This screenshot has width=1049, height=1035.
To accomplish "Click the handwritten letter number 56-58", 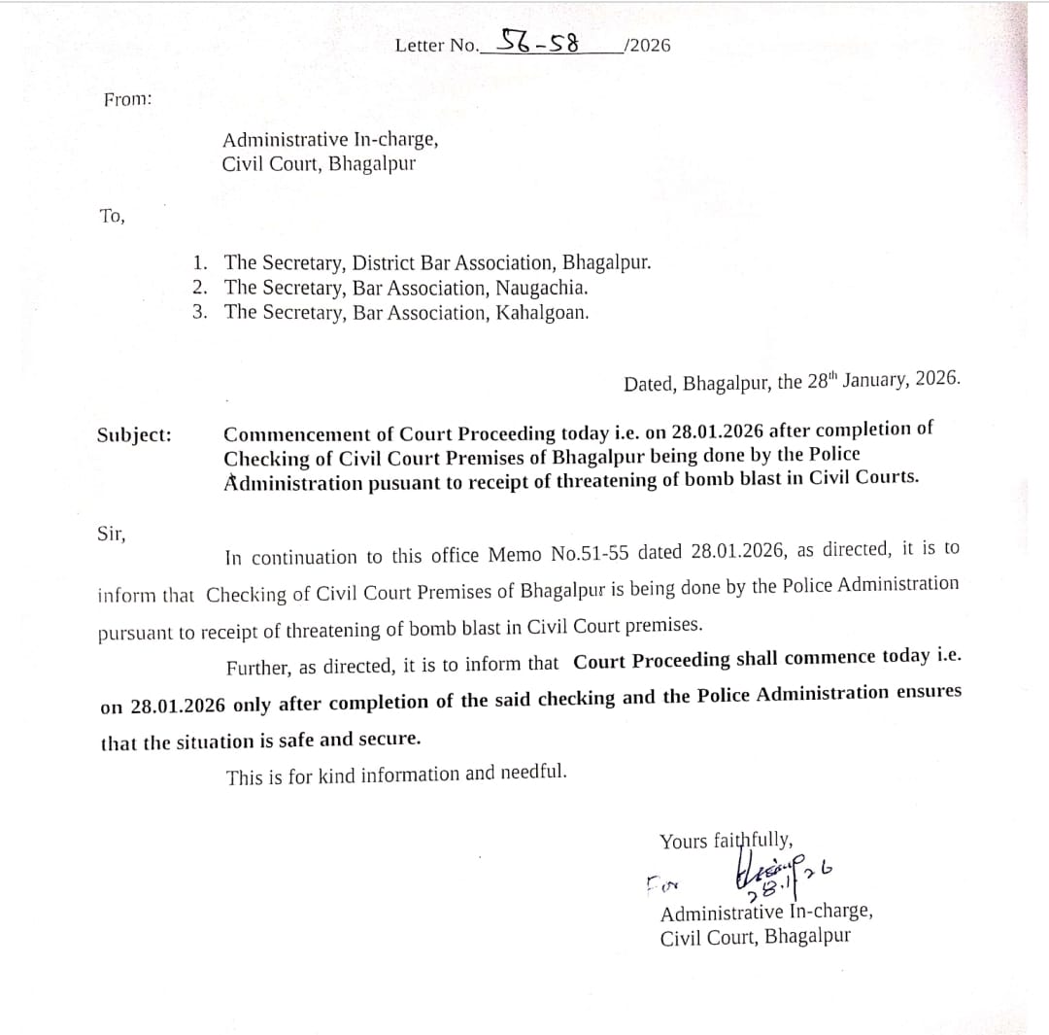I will (x=539, y=42).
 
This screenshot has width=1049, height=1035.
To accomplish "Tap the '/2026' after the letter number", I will (x=648, y=46).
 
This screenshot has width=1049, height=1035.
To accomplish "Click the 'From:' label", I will (x=127, y=99).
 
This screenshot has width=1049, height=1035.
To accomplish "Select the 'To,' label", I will (x=112, y=216).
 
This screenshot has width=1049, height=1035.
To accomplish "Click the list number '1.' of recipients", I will (x=199, y=262).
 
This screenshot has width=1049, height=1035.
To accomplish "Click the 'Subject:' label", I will (x=134, y=434).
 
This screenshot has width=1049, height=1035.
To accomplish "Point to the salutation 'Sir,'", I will (x=111, y=534).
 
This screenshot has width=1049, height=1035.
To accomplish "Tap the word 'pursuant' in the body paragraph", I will (x=134, y=633).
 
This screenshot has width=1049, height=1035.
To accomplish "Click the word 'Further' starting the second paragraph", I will (x=258, y=668).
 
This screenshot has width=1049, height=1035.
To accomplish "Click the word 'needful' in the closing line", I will (x=531, y=774).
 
